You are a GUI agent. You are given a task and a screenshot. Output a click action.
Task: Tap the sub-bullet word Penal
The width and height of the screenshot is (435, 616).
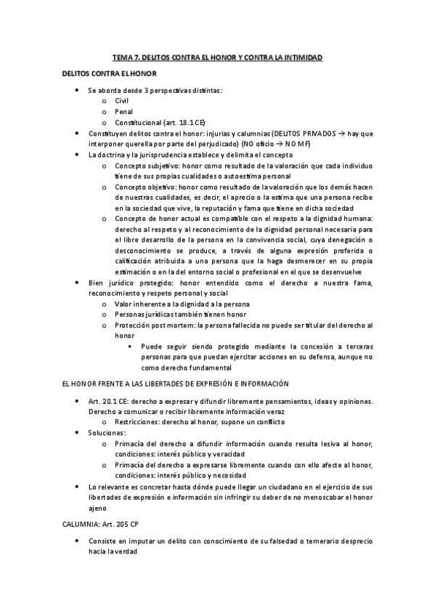[x=124, y=112]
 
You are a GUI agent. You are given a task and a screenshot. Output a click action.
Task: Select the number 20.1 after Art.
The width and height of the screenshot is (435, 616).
[x=106, y=402]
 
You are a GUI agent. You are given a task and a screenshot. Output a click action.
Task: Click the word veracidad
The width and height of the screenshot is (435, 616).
[x=222, y=453]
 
